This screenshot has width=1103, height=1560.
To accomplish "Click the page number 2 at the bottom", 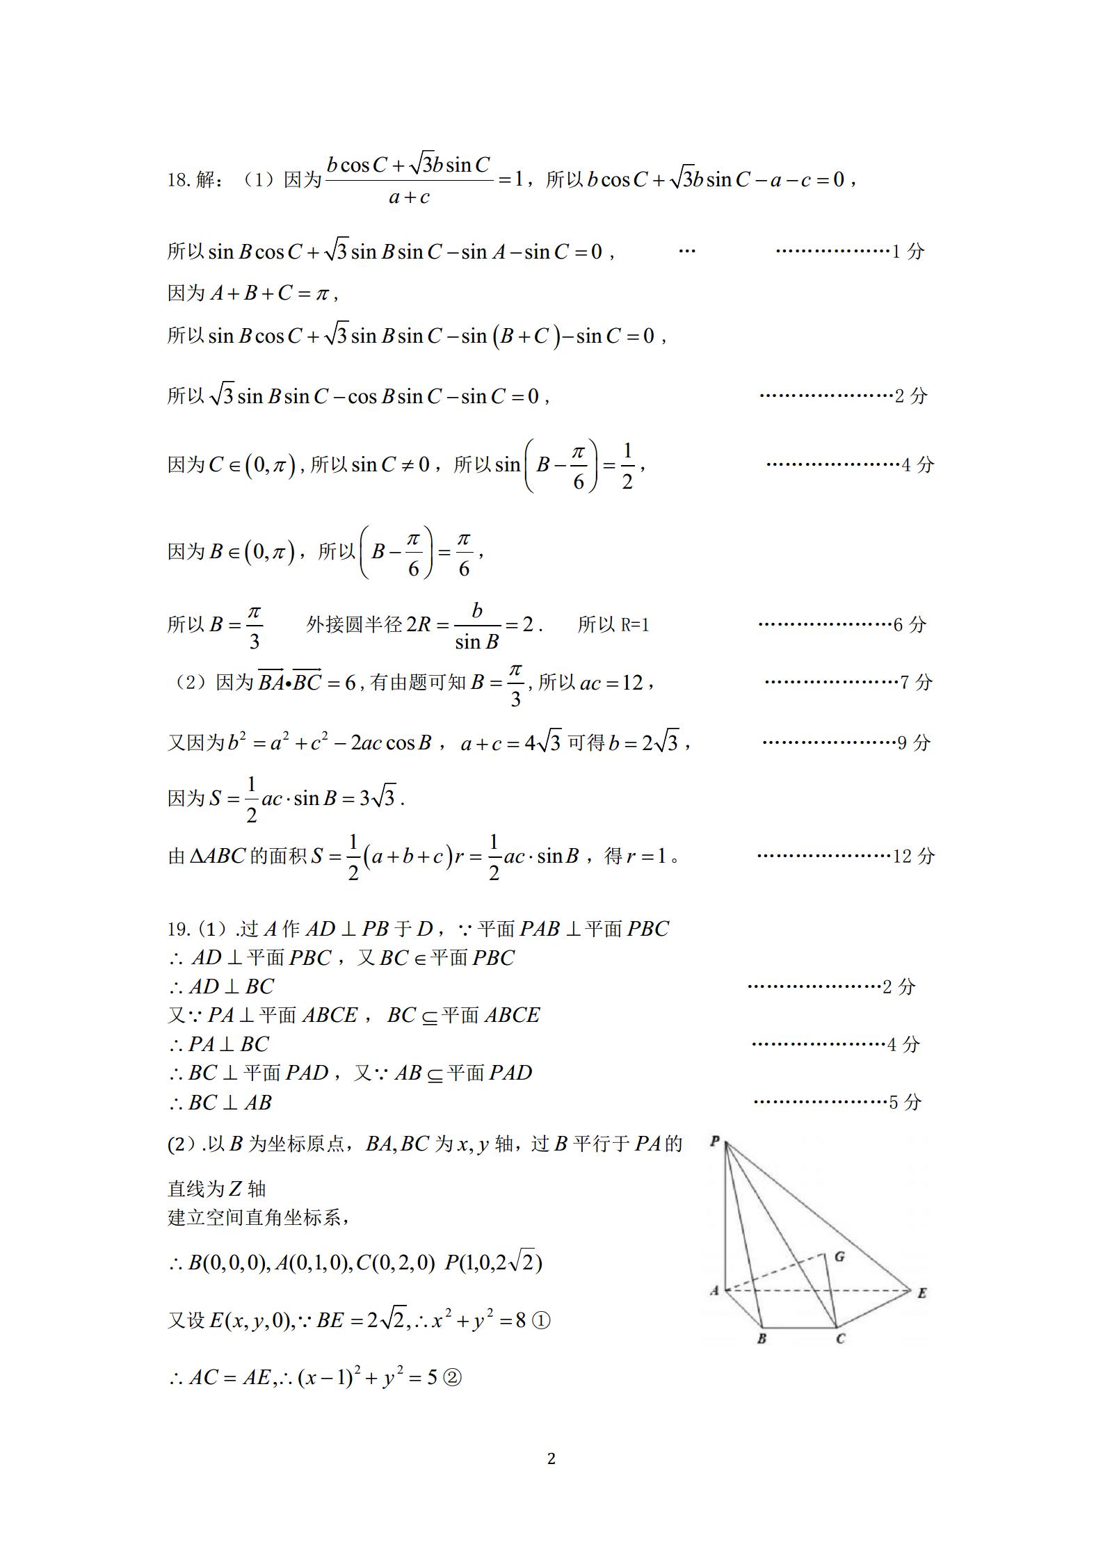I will [x=551, y=1459].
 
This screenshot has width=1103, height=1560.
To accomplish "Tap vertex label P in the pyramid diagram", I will [x=714, y=1141].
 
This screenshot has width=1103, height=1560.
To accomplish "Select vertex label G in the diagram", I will [x=840, y=1256].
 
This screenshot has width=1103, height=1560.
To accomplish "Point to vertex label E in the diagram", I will [x=921, y=1293].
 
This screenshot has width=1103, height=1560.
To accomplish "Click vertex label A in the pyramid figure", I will [x=714, y=1291].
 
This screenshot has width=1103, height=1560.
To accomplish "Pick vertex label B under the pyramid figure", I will [x=762, y=1338].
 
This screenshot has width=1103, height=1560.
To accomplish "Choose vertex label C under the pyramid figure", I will [x=840, y=1338].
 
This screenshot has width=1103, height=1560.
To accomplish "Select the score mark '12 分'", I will [x=914, y=856].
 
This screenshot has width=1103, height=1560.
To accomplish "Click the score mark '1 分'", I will [x=908, y=251].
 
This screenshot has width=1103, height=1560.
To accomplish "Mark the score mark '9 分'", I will [x=914, y=742].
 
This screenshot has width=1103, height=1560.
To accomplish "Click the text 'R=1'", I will [x=634, y=625].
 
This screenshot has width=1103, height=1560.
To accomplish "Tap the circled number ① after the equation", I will [x=541, y=1320].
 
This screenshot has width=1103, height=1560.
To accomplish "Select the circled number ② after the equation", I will [x=452, y=1377].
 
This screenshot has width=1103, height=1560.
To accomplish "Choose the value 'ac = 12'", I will [x=611, y=683].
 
